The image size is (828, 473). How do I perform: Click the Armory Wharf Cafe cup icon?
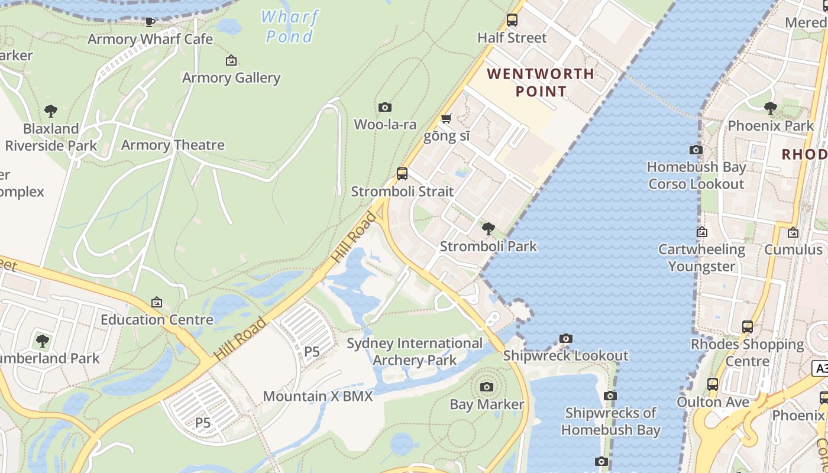tap(150, 22)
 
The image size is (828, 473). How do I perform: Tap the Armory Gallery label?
tap(231, 77)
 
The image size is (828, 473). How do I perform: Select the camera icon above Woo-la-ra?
tap(385, 107)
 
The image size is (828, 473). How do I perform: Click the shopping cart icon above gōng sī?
tap(447, 119)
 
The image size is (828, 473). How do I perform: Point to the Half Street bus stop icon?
tap(512, 20)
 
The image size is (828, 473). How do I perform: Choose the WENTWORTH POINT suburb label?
tap(541, 82)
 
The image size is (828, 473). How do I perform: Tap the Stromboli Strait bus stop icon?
tap(402, 174)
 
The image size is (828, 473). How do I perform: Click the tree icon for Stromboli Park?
tap(489, 229)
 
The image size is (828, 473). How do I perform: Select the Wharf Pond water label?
tap(289, 27)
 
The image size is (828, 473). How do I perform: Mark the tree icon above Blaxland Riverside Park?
tap(51, 111)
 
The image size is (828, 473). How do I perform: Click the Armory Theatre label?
tap(173, 145)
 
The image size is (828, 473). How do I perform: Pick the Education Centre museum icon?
tap(157, 302)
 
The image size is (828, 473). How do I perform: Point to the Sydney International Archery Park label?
tap(415, 351)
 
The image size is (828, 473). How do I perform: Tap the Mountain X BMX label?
tap(318, 396)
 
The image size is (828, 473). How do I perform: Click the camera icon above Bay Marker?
tap(487, 387)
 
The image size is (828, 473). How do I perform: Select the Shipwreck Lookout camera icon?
tap(566, 339)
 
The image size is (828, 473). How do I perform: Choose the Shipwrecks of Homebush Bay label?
tap(610, 421)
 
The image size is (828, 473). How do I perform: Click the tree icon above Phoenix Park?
tap(770, 108)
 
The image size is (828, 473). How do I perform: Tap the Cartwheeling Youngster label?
tap(701, 258)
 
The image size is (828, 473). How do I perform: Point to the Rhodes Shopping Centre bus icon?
tap(748, 326)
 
